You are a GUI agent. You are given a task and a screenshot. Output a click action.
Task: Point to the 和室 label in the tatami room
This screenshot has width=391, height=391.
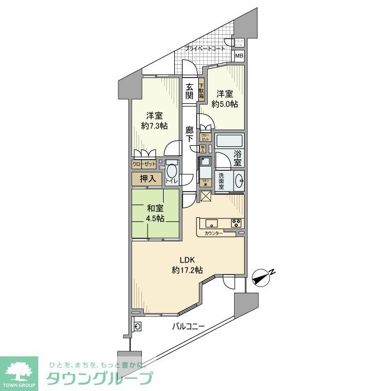pyautogui.click(x=156, y=208)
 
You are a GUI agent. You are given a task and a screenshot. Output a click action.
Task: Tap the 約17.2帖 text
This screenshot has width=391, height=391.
pyautogui.click(x=187, y=270)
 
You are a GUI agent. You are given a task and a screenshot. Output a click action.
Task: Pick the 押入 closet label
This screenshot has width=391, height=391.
pyautogui.click(x=147, y=179)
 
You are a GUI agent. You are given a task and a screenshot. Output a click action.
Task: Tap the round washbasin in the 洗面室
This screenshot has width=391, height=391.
pyautogui.click(x=239, y=180)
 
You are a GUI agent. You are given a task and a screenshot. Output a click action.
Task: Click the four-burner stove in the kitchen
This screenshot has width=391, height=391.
pyautogui.click(x=236, y=222)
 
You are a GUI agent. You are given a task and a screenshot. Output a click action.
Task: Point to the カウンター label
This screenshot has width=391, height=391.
pyautogui.click(x=213, y=233)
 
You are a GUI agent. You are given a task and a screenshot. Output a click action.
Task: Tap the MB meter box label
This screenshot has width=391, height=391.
pyautogui.click(x=239, y=56)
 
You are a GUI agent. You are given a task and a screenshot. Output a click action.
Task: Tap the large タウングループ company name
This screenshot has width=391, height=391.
pyautogui.click(x=99, y=377)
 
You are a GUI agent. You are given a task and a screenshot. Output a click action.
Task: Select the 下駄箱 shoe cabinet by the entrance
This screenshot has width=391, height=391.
pyautogui.click(x=201, y=91)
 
